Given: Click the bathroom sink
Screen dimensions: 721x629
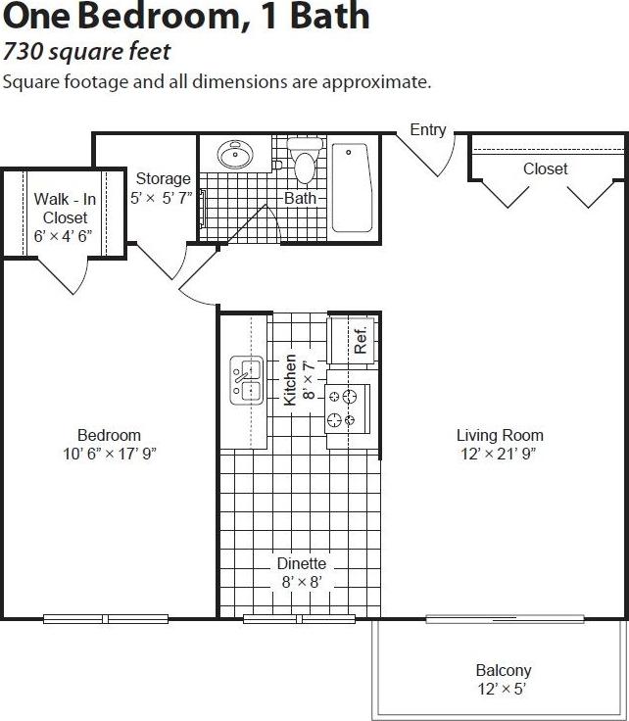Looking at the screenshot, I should point(234,155).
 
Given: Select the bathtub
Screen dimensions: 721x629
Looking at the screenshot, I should point(350,187).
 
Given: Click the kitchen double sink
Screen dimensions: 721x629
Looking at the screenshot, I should point(245,382).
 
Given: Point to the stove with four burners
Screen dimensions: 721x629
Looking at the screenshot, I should point(348,409).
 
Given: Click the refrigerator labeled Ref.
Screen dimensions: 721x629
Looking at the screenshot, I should point(352,339).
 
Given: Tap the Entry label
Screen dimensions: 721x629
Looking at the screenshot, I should point(428,129).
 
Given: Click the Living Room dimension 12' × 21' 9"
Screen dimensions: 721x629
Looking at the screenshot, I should point(500,454).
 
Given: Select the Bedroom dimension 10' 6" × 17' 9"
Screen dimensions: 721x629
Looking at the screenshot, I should point(109,454).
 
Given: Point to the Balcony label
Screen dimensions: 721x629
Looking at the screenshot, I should point(504,671).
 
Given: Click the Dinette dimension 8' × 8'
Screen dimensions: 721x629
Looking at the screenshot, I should point(301,582).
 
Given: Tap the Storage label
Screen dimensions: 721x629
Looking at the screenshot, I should point(164,178).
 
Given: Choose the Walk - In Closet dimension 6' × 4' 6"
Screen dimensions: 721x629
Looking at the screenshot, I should point(61,236).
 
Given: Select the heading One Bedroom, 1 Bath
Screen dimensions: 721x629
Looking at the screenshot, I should point(186,17).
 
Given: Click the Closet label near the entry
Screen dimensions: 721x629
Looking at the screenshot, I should point(545,168).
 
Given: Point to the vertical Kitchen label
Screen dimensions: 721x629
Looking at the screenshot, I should point(290,380).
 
